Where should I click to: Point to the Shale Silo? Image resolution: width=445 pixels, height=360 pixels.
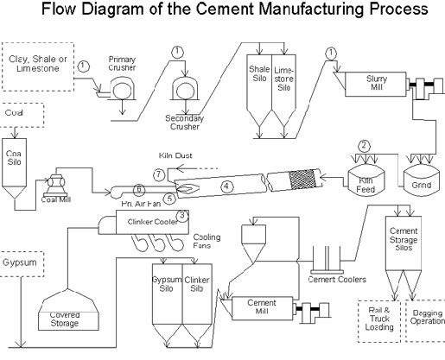(259, 82)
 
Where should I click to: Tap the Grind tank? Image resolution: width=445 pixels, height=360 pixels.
(417, 181)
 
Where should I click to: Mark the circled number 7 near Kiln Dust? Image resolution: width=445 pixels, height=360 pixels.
(158, 174)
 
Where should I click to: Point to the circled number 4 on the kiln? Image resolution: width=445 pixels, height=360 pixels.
(226, 185)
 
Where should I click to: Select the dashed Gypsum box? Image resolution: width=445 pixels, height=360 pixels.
(19, 259)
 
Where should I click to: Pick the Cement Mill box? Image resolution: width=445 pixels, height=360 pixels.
(260, 306)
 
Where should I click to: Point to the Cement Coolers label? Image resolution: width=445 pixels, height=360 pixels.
(337, 280)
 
